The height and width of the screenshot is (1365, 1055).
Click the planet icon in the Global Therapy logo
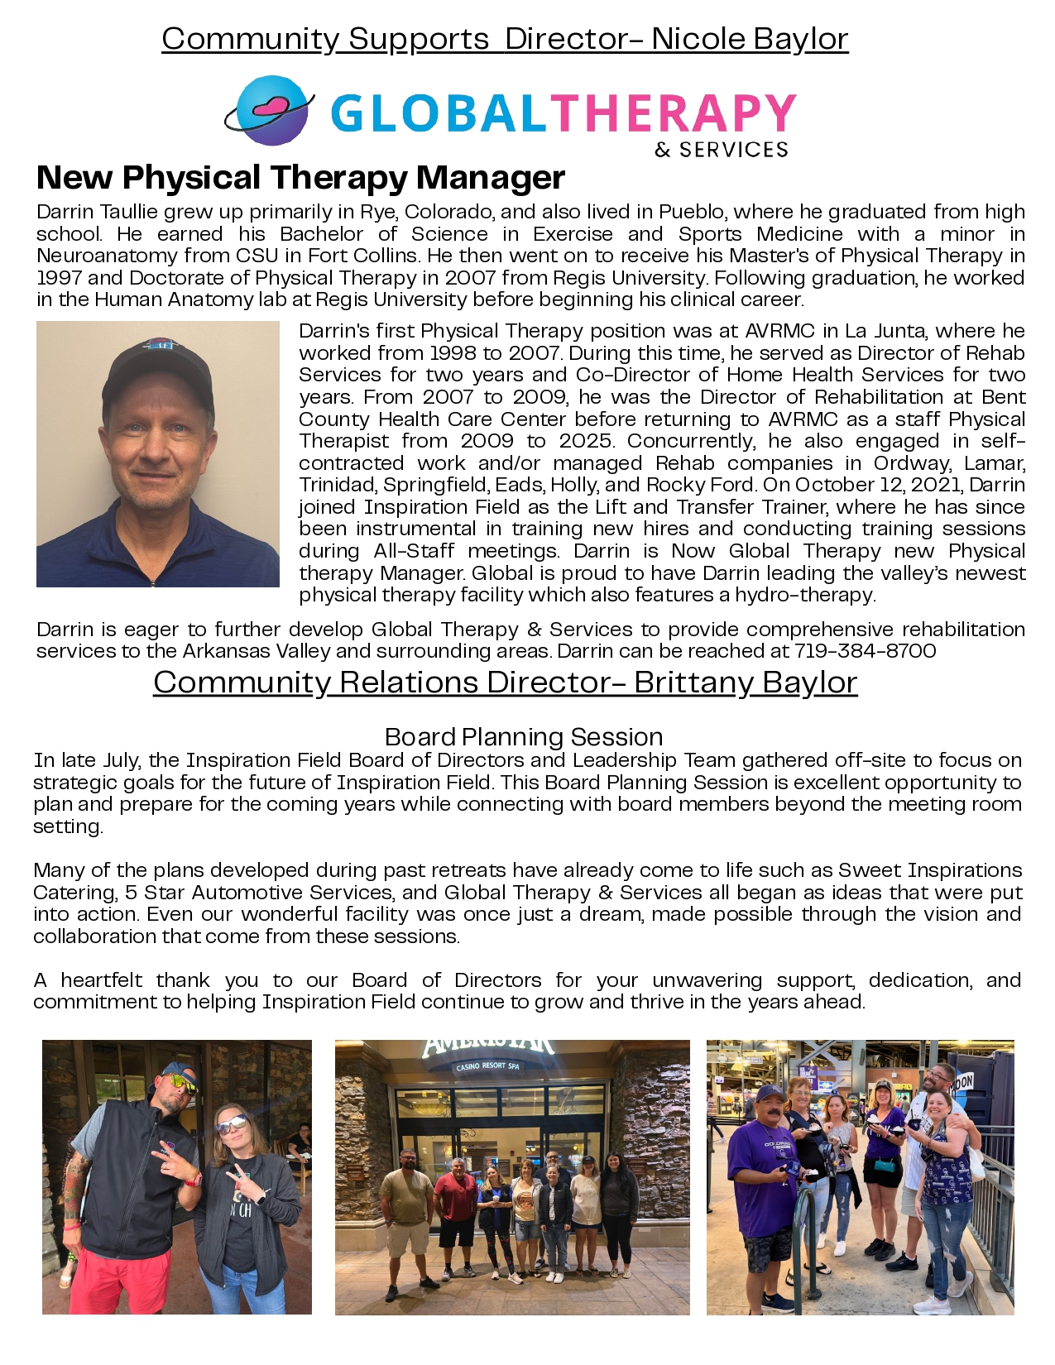click(271, 111)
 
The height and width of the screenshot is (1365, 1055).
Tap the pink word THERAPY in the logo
click(673, 113)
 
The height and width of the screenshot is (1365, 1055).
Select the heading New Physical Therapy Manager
click(300, 177)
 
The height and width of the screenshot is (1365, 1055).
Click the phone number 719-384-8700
click(865, 651)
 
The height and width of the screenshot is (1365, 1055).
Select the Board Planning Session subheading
click(524, 736)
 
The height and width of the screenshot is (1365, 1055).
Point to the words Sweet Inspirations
click(930, 870)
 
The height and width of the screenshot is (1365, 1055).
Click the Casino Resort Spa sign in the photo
click(488, 1066)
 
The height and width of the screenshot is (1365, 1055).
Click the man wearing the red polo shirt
click(456, 1195)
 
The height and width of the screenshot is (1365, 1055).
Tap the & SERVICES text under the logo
click(721, 150)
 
